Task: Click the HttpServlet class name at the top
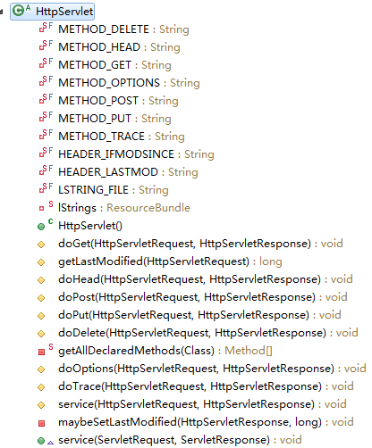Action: pos(64,12)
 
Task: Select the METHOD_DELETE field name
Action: pos(104,29)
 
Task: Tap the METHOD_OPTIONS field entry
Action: pos(109,83)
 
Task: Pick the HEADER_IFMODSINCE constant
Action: pos(116,154)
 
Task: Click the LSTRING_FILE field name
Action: pos(93,190)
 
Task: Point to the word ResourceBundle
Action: pos(148,208)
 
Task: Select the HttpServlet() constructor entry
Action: pos(90,226)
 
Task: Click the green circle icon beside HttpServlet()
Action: pos(41,227)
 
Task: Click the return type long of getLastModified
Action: pos(271,261)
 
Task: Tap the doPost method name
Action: pos(77,297)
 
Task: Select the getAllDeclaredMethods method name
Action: pos(120,351)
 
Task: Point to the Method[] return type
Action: pos(249,351)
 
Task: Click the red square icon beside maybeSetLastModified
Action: pos(41,423)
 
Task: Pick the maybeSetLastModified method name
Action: pos(118,422)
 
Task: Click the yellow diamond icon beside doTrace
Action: pos(41,387)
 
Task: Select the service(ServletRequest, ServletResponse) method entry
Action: pos(165,440)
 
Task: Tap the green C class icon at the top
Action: pos(19,11)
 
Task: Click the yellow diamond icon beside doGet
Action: pos(41,245)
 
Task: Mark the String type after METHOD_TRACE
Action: pos(170,137)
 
